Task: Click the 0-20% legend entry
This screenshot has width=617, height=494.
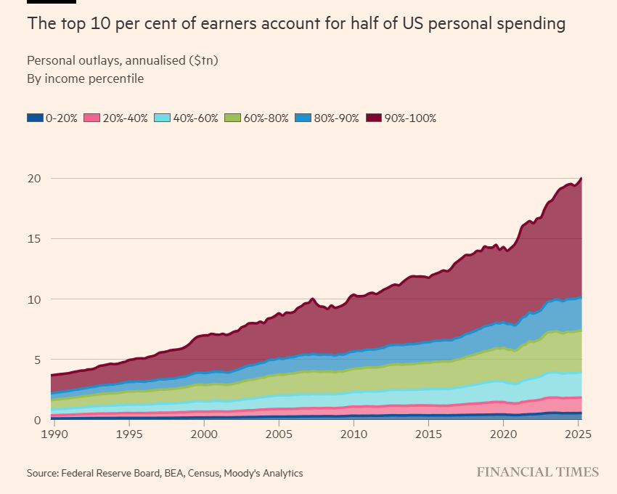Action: click(52, 118)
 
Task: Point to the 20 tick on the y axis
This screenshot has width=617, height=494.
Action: click(35, 179)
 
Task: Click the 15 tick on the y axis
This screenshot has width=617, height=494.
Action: click(35, 239)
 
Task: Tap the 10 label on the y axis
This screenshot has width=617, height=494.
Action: click(35, 299)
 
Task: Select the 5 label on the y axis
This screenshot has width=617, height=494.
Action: click(37, 360)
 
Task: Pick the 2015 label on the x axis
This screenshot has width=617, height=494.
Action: click(428, 434)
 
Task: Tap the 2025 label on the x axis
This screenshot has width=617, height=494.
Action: click(577, 434)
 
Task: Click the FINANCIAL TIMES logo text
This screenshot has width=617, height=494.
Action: click(537, 472)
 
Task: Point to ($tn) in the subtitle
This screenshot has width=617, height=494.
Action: click(203, 61)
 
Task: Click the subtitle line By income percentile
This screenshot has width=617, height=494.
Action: click(85, 78)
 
